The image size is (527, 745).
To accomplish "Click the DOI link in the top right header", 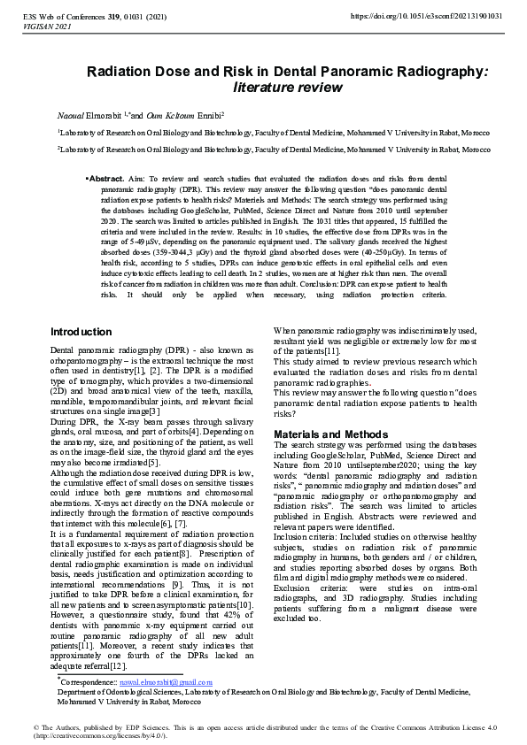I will (x=427, y=16).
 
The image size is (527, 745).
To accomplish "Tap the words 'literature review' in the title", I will (x=287, y=88).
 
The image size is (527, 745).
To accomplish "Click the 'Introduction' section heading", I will (x=81, y=332).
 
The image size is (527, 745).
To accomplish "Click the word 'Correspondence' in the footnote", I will (x=89, y=683).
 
